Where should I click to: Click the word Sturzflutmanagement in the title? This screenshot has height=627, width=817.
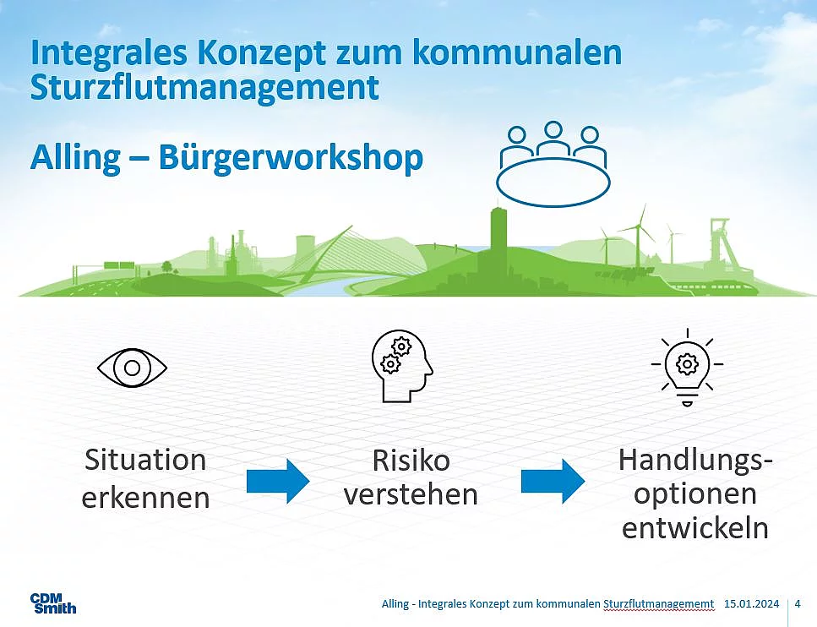tap(204, 89)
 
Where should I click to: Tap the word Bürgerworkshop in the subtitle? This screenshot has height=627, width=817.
tap(291, 157)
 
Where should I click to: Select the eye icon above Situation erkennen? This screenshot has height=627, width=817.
tap(133, 368)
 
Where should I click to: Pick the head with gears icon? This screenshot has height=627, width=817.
tap(401, 366)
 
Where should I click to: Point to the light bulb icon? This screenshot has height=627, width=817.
tap(687, 367)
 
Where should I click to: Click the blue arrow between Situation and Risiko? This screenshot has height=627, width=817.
tap(278, 481)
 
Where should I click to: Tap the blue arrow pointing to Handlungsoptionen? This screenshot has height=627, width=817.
tap(553, 481)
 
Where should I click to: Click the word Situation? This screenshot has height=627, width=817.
tap(145, 461)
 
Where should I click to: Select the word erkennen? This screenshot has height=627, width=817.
tap(146, 498)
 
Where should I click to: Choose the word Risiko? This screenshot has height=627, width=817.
tap(411, 461)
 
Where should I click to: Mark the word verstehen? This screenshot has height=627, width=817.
tap(411, 494)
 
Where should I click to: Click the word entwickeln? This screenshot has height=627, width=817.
tap(695, 528)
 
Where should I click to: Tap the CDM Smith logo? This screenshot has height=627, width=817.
tap(53, 603)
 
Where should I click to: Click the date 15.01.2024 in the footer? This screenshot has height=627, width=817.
tap(751, 604)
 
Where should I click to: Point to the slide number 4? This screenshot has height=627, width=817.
tap(798, 604)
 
